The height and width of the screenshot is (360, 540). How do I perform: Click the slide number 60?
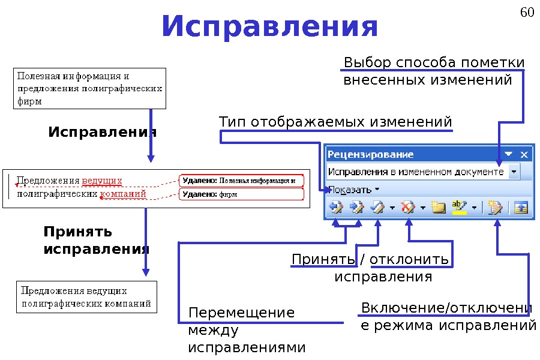click(x=526, y=13)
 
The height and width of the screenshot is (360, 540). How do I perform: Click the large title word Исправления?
click(x=270, y=27)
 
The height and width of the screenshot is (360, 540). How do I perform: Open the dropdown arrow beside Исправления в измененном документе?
click(x=514, y=172)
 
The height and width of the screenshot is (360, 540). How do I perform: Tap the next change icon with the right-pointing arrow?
click(x=356, y=208)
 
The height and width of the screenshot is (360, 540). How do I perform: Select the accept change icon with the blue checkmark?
click(x=378, y=208)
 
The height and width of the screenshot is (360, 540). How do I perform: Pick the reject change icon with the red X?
click(x=408, y=208)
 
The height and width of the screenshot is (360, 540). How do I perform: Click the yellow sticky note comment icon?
click(x=439, y=208)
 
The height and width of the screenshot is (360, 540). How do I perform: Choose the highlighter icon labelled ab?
click(x=459, y=208)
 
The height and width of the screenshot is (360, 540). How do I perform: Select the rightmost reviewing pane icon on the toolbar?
click(x=520, y=208)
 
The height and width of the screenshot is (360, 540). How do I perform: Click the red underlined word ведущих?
click(x=102, y=181)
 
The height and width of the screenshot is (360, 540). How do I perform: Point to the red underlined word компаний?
click(x=123, y=194)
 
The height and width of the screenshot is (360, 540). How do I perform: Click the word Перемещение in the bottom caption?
click(x=241, y=313)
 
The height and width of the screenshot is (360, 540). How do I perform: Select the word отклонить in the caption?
click(x=410, y=259)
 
